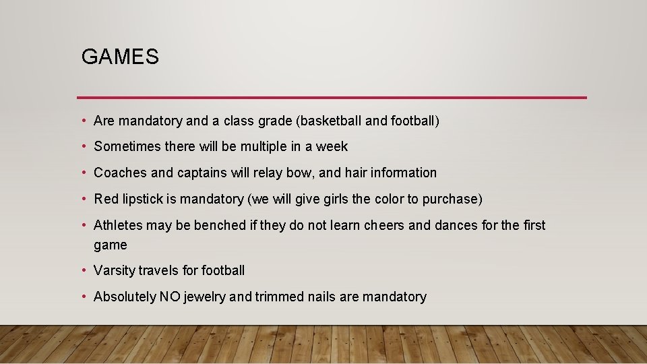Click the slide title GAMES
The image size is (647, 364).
pos(120,57)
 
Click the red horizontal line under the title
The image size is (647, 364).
pos(332,97)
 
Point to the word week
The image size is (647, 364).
pos(332,146)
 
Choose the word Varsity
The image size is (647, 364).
pos(114,270)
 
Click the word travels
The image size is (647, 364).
pos(158,270)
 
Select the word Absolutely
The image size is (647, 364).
pos(125,297)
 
